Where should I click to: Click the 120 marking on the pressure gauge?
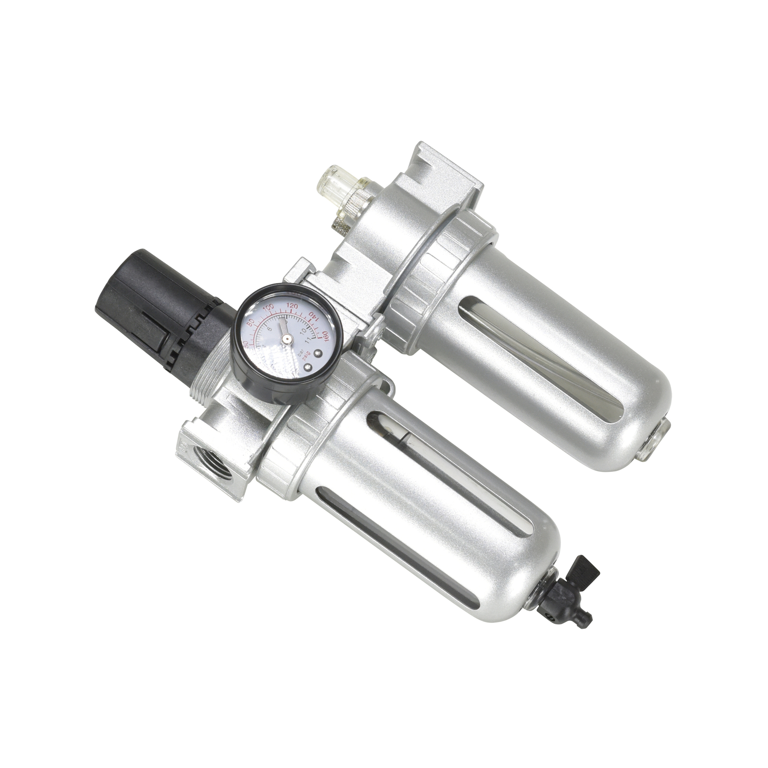(293, 306)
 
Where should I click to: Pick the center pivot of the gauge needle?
(285, 338)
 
